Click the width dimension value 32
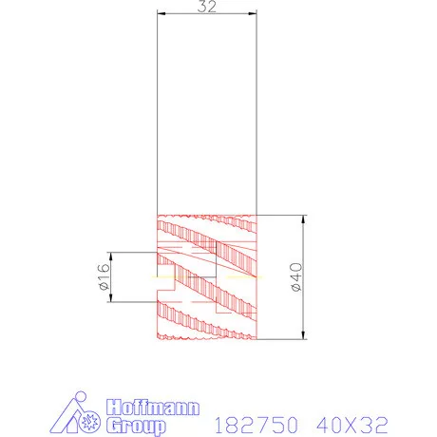click(x=206, y=6)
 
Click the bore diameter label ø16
click(x=104, y=277)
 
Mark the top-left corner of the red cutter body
click(x=158, y=215)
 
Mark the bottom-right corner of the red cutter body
click(x=256, y=339)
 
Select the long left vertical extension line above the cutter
click(x=158, y=114)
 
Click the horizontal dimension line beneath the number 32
click(x=207, y=13)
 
